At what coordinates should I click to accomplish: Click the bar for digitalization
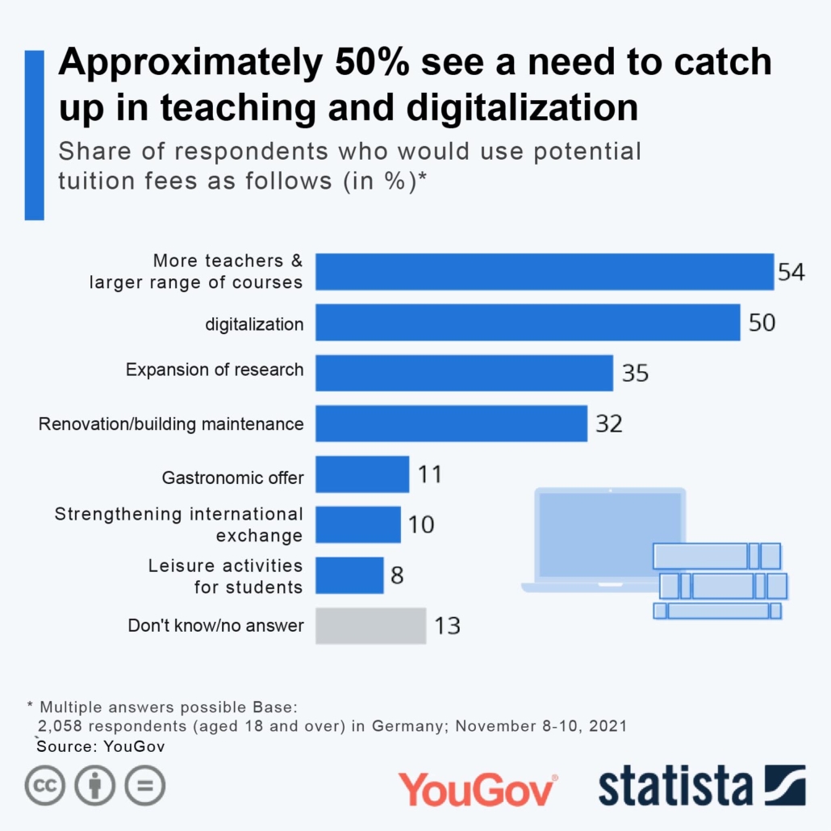(x=528, y=323)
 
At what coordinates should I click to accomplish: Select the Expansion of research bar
(x=464, y=374)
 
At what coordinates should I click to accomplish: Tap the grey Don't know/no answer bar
(x=370, y=625)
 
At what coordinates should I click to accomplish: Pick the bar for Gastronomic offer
(x=362, y=474)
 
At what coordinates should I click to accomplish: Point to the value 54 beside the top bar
(x=791, y=272)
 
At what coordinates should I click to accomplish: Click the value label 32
(x=609, y=424)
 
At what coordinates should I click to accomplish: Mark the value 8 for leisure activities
(x=397, y=575)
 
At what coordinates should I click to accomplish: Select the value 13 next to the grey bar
(x=448, y=625)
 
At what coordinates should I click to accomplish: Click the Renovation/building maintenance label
(x=171, y=424)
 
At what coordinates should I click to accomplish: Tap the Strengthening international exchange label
(x=179, y=524)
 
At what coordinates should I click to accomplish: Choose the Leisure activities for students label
(x=225, y=575)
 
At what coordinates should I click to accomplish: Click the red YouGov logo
(x=478, y=788)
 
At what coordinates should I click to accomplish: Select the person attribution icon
(x=95, y=785)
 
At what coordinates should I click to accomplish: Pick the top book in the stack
(x=716, y=556)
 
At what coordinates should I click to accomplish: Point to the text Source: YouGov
(x=101, y=746)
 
